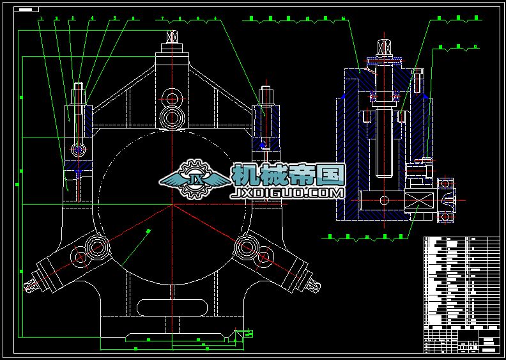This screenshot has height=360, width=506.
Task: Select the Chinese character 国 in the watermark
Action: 332,174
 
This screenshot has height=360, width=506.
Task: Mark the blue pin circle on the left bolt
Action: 79,150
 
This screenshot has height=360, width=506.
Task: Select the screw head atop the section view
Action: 385,47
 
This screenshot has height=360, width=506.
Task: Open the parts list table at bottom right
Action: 461,294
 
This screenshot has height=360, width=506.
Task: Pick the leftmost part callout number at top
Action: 41,19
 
